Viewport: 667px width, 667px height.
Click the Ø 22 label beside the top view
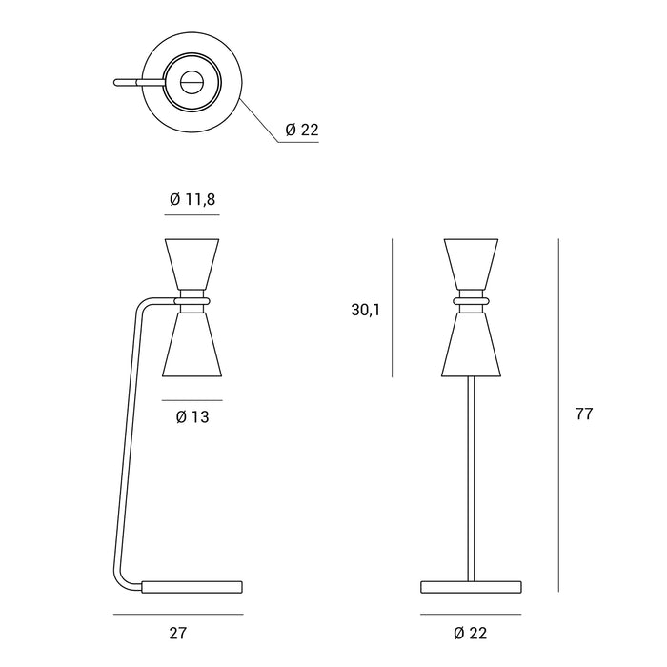(302, 131)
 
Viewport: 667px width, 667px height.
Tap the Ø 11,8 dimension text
(192, 200)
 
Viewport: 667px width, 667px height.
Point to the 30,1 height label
(366, 309)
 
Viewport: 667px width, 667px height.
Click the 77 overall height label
(584, 414)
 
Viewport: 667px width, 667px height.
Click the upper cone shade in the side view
(192, 261)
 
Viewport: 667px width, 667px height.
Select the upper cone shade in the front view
(472, 261)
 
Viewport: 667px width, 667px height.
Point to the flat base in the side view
(193, 585)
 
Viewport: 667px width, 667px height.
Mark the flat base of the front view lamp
(473, 585)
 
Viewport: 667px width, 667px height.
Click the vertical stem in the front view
(473, 476)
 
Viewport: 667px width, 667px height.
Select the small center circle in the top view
(192, 82)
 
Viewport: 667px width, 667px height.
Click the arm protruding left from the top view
(129, 82)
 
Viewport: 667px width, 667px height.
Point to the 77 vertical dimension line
(558, 414)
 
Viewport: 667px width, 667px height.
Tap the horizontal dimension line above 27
(177, 615)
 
